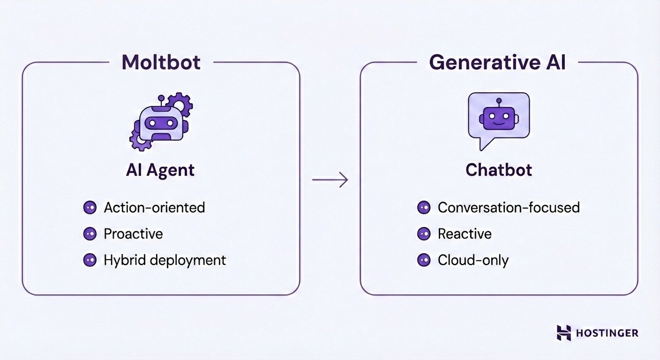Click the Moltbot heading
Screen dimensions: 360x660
click(161, 62)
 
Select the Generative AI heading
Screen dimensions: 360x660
click(498, 62)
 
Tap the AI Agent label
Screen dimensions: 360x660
click(160, 170)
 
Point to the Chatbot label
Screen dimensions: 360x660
click(499, 170)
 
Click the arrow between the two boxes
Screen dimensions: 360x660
click(330, 180)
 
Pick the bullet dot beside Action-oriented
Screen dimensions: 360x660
click(89, 208)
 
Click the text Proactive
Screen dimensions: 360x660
click(133, 234)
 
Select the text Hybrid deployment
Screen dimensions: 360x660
click(165, 260)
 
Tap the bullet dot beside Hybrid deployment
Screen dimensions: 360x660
click(89, 260)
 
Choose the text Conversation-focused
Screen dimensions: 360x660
click(508, 208)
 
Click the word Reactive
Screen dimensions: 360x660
click(464, 234)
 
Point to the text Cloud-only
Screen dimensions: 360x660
click(473, 260)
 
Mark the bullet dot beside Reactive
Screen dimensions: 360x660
click(424, 234)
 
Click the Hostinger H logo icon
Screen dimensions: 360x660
click(563, 332)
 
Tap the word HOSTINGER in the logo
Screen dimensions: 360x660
click(607, 333)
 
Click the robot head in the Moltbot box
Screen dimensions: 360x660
click(160, 123)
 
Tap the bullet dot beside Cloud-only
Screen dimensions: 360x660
click(424, 260)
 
